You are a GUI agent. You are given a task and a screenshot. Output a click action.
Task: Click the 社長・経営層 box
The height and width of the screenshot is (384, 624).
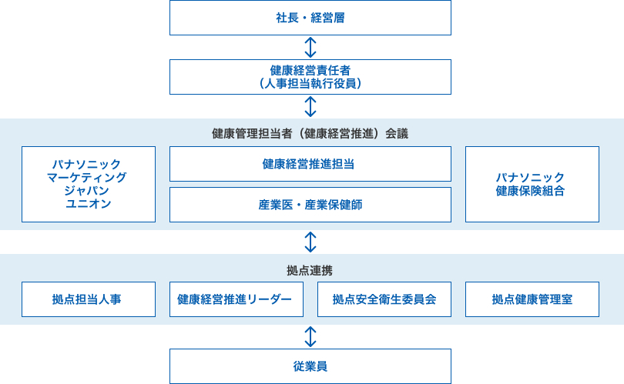tap(310, 18)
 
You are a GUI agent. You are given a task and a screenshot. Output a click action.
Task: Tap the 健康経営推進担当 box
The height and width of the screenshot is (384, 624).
tap(310, 164)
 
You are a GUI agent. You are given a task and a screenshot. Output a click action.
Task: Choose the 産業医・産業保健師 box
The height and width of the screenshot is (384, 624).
tap(310, 205)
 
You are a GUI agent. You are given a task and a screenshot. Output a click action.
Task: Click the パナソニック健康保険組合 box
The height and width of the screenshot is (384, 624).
tap(532, 184)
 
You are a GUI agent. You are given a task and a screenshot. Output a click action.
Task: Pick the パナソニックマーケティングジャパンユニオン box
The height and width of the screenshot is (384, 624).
tap(88, 184)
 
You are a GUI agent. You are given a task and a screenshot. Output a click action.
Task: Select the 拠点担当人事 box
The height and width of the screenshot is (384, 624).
tap(88, 299)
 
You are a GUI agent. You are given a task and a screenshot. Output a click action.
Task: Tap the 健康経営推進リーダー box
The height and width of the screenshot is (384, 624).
tap(236, 299)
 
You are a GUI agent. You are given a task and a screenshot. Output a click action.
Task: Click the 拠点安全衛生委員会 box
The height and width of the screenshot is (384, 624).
tap(384, 299)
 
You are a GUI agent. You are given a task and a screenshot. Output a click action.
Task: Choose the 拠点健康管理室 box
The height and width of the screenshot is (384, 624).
tap(532, 299)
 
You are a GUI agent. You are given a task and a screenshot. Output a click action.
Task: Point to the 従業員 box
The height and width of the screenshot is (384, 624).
tap(310, 366)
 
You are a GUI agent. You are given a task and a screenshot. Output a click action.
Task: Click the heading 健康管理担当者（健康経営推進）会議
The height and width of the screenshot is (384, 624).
tap(310, 133)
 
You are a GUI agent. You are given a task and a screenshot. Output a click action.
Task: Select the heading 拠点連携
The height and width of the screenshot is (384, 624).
tap(310, 270)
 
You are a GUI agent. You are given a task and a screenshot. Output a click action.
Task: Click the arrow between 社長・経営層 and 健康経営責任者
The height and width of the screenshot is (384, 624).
tap(310, 47)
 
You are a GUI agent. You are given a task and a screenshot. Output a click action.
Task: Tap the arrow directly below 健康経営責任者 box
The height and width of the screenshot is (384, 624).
tap(310, 106)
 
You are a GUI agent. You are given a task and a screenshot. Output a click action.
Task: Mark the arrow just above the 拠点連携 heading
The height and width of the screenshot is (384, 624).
tap(310, 242)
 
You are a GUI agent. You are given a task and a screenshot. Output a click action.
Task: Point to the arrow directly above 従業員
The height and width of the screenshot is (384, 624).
tap(310, 336)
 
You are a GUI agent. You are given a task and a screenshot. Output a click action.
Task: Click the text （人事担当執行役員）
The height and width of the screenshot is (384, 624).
tap(310, 83)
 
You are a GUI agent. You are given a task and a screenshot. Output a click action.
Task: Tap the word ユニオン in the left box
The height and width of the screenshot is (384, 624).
tap(89, 204)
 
